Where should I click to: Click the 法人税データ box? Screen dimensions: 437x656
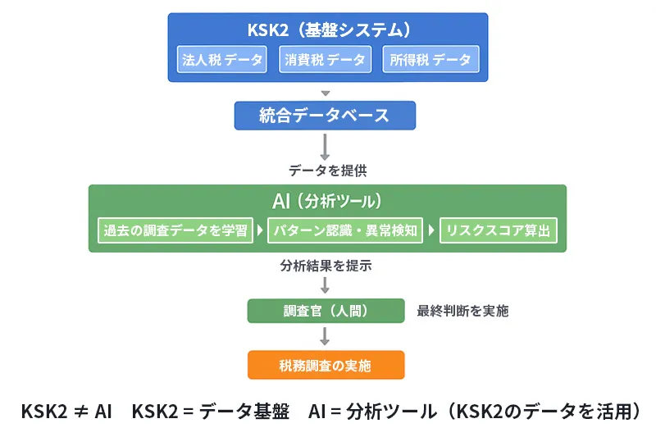click(221, 59)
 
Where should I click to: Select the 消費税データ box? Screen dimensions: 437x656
click(326, 59)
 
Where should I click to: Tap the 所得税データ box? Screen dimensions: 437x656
click(430, 59)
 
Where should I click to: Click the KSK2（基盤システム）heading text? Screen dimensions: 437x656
click(328, 30)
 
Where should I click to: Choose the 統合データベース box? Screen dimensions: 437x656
click(325, 116)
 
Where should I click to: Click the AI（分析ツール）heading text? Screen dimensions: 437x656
click(327, 201)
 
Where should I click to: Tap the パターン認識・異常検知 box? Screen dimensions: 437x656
click(345, 230)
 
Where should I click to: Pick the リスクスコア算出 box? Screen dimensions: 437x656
click(499, 230)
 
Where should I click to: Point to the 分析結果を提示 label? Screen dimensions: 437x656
click(326, 266)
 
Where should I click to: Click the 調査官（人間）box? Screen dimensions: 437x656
click(326, 311)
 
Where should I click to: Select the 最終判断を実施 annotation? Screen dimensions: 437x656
click(462, 311)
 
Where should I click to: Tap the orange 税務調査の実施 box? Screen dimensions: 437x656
click(326, 365)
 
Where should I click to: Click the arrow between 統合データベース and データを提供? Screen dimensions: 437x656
click(326, 145)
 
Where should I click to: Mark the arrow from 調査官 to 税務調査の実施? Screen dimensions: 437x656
click(326, 336)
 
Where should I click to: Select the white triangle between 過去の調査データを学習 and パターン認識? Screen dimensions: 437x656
click(261, 230)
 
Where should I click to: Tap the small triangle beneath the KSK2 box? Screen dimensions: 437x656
click(326, 93)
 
